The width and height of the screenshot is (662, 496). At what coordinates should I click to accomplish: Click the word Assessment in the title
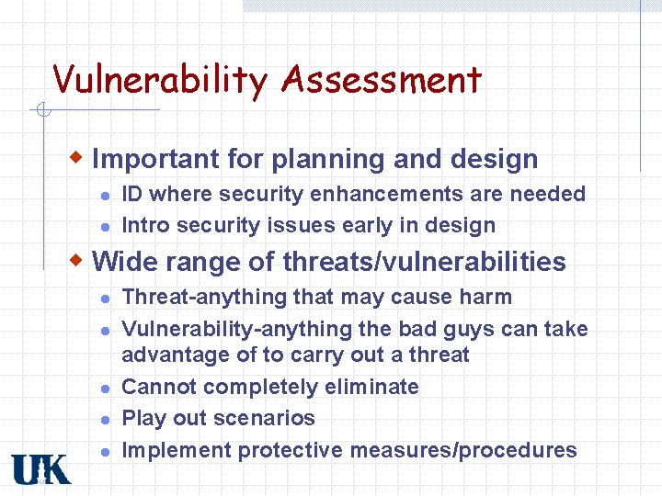(382, 80)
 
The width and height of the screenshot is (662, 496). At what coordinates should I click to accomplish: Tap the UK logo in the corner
(40, 468)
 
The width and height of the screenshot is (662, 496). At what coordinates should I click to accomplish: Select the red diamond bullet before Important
(81, 156)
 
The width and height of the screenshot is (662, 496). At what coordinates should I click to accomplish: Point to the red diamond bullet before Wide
(81, 259)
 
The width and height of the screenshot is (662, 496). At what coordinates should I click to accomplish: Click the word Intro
(145, 225)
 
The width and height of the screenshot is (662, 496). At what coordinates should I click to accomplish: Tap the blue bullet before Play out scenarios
(107, 420)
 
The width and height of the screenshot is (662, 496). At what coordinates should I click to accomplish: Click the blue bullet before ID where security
(107, 196)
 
